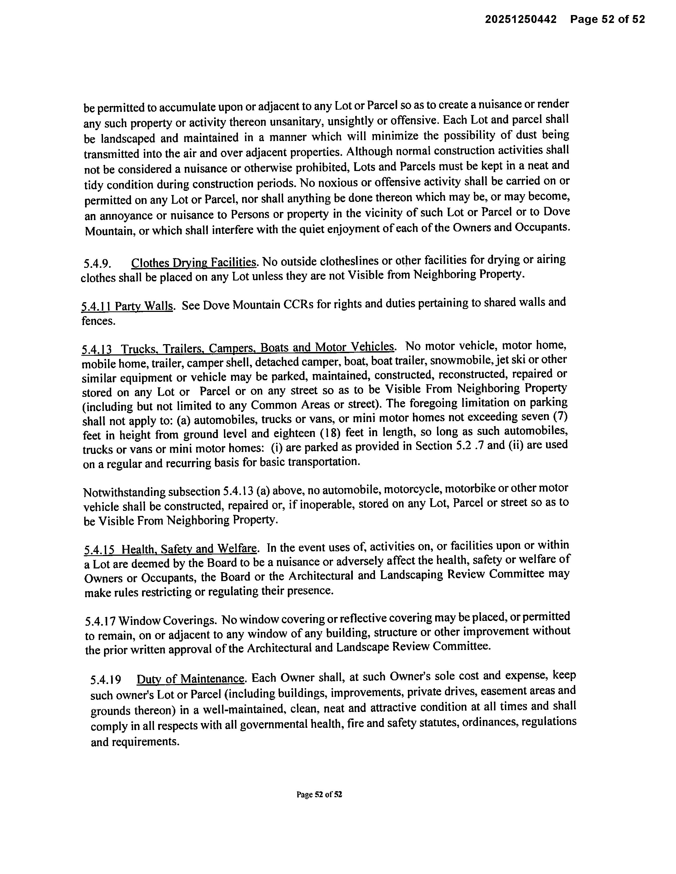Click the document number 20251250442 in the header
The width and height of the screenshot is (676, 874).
[521, 19]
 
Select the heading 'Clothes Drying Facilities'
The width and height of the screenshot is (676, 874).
[194, 263]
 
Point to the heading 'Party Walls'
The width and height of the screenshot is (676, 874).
[144, 307]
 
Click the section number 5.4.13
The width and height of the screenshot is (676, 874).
[96, 349]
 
